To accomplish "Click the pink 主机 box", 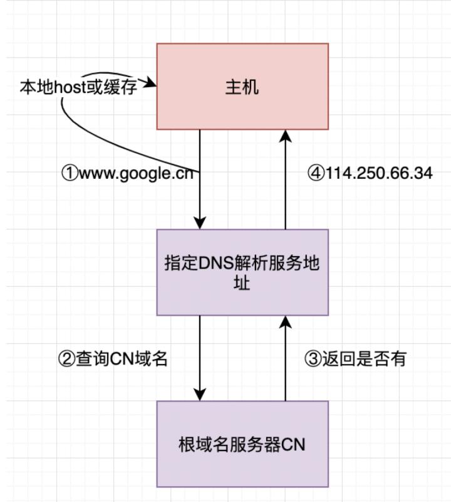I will [x=242, y=86].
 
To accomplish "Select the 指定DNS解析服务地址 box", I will [x=242, y=272].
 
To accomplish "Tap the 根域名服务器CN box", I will [x=242, y=444].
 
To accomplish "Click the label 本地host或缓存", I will [x=78, y=87].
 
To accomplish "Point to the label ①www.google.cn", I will [x=127, y=173].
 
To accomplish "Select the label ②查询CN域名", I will [x=113, y=360].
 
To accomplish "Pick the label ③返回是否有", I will [x=356, y=358].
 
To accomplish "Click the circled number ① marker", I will [x=68, y=173].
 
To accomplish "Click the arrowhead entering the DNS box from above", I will [x=200, y=223].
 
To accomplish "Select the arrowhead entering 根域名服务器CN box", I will [x=200, y=395].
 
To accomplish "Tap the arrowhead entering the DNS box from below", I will [x=286, y=321].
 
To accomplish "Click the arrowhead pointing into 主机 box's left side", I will [x=151, y=82].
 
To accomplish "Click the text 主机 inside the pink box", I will [x=242, y=87].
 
